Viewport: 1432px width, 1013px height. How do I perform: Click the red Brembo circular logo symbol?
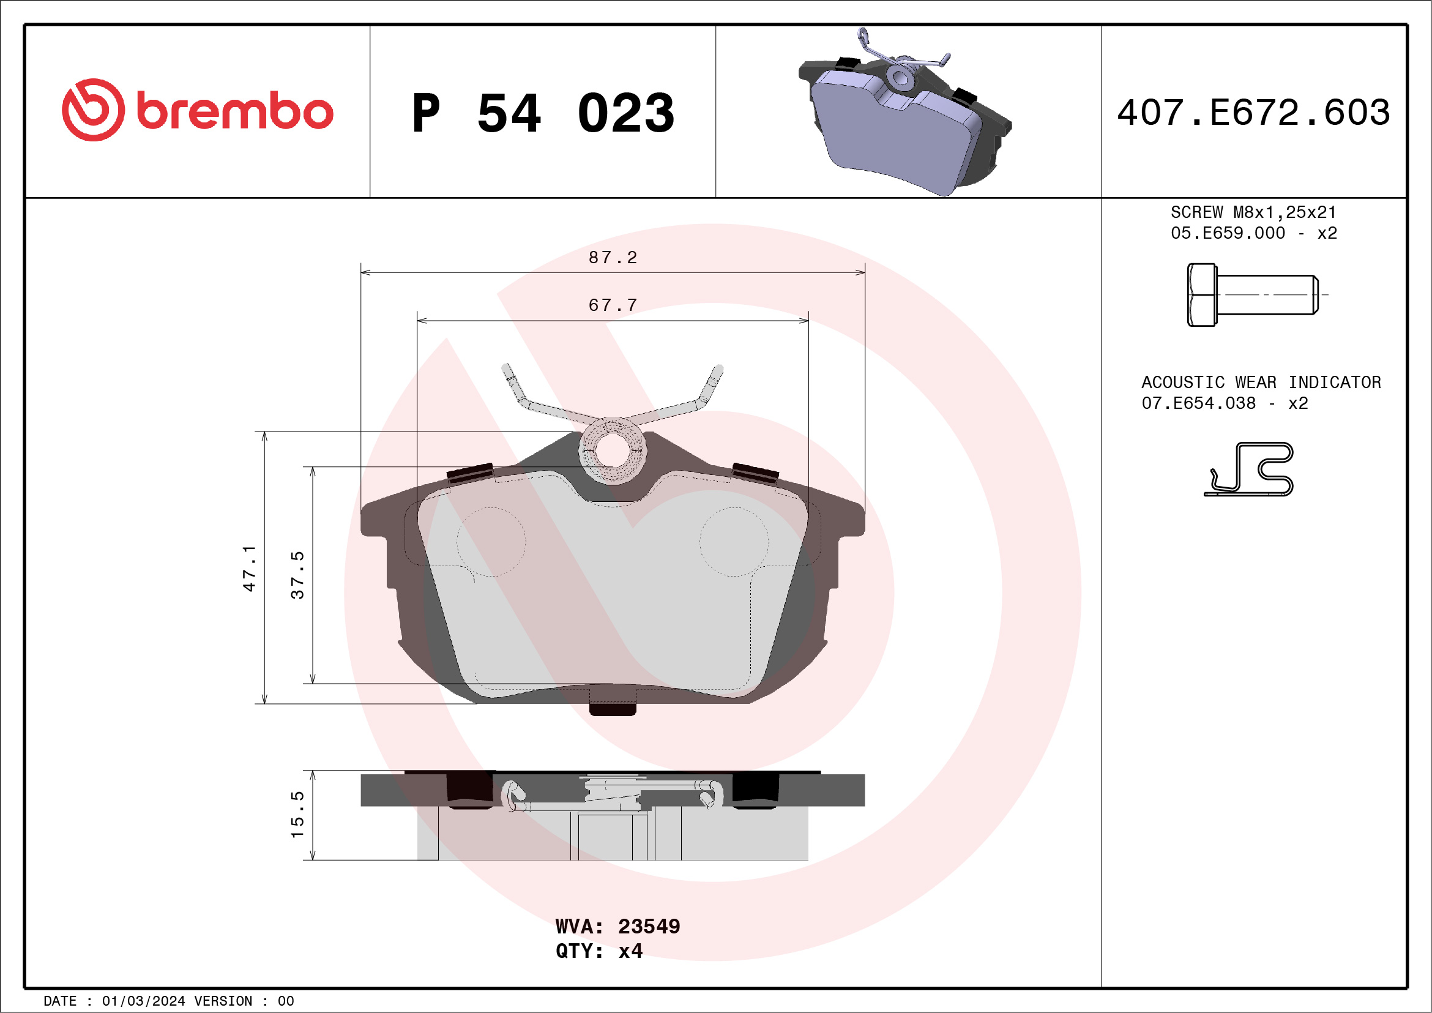click(x=93, y=110)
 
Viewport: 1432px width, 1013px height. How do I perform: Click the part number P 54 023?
click(x=543, y=113)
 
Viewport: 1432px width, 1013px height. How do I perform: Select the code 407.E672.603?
click(x=1254, y=113)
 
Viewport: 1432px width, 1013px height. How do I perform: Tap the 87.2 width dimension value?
click(x=613, y=258)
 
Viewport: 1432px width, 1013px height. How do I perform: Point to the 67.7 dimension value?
click(x=613, y=305)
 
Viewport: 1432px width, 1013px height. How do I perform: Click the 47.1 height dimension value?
click(x=250, y=567)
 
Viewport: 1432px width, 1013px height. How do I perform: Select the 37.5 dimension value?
click(x=297, y=575)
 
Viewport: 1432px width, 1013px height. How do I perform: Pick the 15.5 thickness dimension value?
click(x=297, y=815)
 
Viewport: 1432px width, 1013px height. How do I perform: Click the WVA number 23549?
click(x=649, y=926)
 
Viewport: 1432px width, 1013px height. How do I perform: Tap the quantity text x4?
click(x=630, y=951)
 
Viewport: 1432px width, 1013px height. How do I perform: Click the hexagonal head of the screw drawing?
click(x=1201, y=294)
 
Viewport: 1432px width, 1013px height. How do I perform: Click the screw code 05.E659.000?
click(x=1228, y=233)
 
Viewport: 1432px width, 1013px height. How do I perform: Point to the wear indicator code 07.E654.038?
click(x=1198, y=403)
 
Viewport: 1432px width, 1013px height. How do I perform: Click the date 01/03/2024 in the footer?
click(x=143, y=1001)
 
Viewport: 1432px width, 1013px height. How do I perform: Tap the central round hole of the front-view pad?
click(x=613, y=450)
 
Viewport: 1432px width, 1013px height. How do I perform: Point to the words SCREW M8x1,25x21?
click(x=1253, y=212)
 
